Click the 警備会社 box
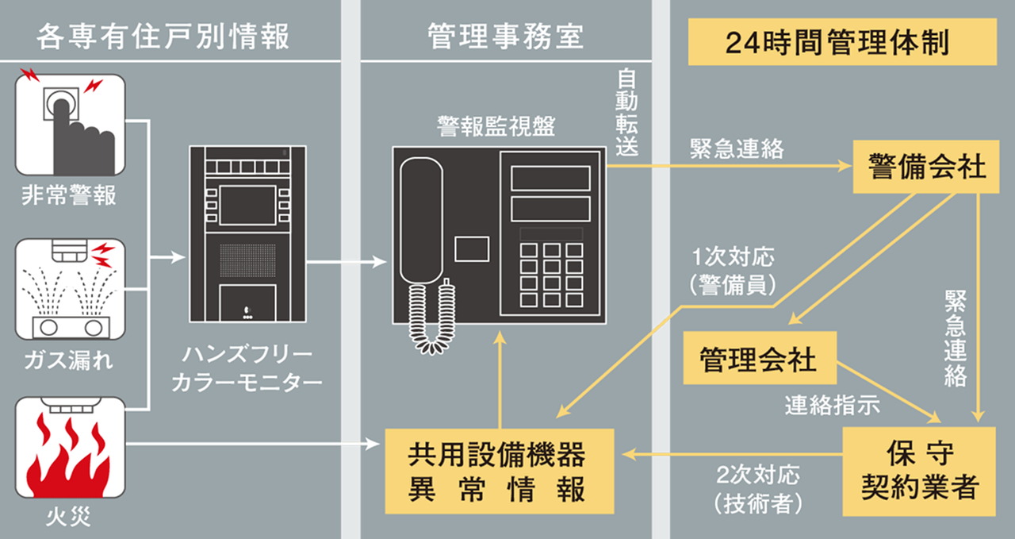coord(925,167)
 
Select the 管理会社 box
coord(757,359)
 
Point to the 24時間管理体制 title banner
coord(841,42)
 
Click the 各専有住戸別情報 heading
coord(163,37)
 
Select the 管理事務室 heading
coord(505,37)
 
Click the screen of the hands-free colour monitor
coord(247,205)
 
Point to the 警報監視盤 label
coord(496,125)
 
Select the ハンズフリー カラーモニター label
coord(247,368)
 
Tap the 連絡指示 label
coord(832,405)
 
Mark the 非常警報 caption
coord(69,195)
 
